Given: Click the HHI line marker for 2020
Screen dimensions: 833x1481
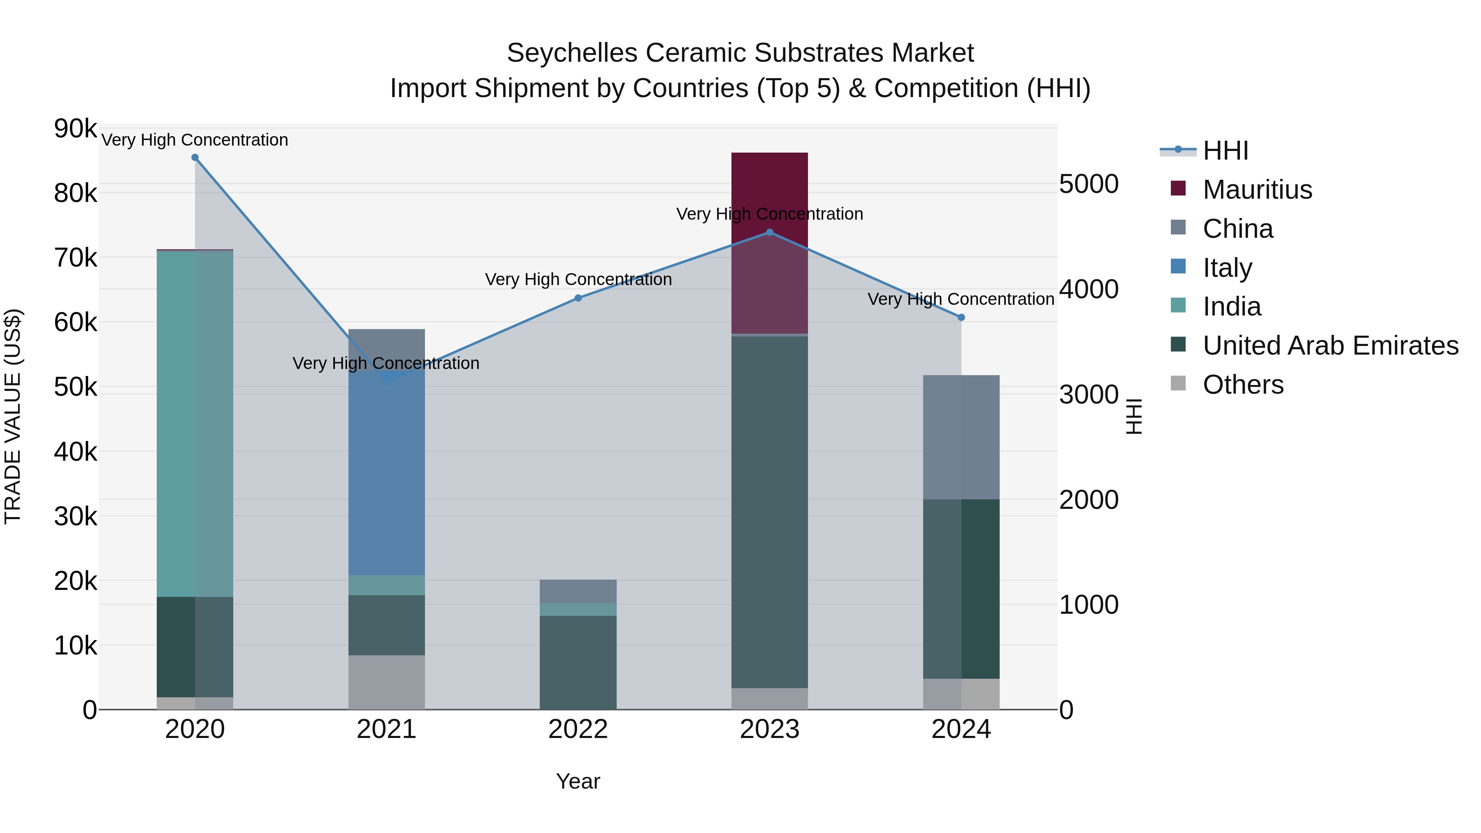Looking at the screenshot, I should pos(195,158).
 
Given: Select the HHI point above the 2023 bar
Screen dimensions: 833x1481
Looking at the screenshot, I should pos(770,232).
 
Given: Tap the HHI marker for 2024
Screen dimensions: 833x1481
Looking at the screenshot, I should pos(961,317).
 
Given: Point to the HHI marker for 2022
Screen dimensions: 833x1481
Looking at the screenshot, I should pos(578,298).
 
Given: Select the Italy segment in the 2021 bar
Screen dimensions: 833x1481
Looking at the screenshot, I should pos(386,471).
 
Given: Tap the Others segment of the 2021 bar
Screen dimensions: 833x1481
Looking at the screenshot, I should pos(386,682).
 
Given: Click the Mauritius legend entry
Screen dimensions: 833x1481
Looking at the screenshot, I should pos(1257,190).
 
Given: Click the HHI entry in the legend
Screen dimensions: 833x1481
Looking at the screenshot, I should pos(1225,151).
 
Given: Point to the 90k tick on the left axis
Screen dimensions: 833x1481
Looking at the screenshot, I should pos(75,128).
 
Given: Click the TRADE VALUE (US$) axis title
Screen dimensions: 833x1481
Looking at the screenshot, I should pos(13,416).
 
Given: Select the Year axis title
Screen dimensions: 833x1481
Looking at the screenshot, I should pos(578,781).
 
